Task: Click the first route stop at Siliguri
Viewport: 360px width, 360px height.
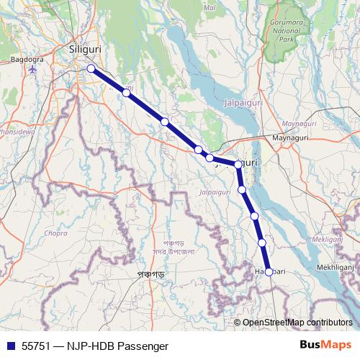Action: coord(91,68)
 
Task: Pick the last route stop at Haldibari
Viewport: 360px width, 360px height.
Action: coord(269,271)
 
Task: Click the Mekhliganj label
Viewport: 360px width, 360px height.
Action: coord(338,266)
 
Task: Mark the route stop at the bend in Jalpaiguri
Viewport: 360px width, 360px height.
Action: coord(238,165)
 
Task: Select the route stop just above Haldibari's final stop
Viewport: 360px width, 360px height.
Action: coord(263,243)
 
